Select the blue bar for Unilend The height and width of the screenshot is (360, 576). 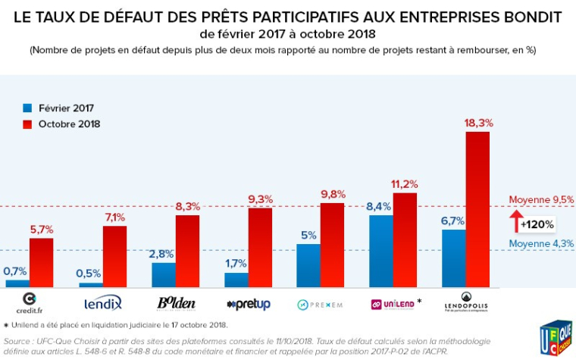coord(381,251)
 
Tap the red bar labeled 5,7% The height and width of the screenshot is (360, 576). coord(41,262)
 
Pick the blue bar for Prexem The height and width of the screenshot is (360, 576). coord(308,265)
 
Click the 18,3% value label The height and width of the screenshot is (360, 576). coord(478,122)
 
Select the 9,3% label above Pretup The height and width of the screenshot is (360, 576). coord(260,199)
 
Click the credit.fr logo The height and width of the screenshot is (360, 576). coord(30,302)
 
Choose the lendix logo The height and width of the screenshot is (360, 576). coord(103,303)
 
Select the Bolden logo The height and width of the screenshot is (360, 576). coord(176,303)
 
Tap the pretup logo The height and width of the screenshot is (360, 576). coord(249,304)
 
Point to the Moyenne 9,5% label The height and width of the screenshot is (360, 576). coord(541,200)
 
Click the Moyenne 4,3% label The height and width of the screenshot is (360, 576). coord(541,243)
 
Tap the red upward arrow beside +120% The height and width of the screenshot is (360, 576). coord(516,222)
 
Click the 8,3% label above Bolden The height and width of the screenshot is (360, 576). coord(187,206)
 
